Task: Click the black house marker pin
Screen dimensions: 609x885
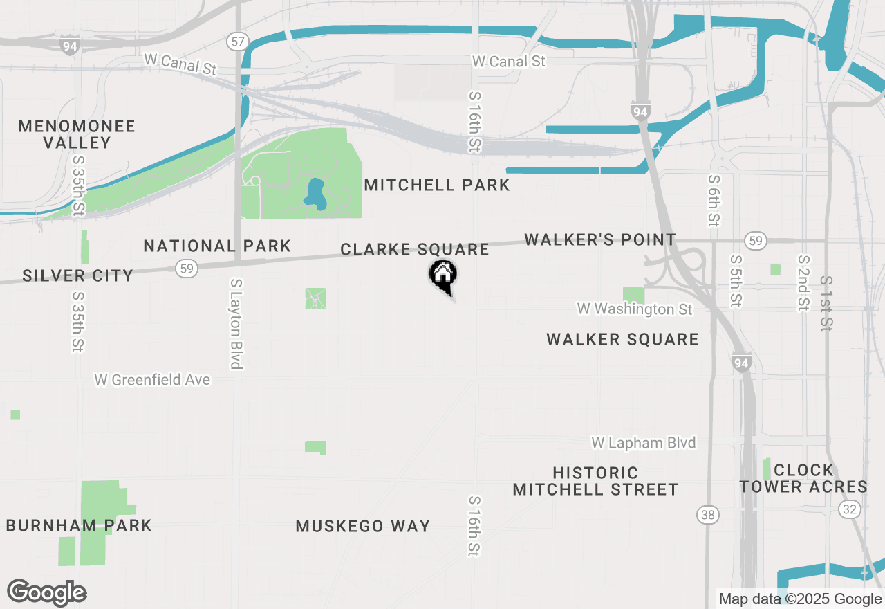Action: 442,275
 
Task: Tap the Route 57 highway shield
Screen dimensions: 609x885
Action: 238,42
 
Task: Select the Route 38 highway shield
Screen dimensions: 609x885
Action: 707,515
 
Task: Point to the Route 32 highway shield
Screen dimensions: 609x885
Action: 850,509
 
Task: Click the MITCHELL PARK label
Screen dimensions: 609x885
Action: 437,185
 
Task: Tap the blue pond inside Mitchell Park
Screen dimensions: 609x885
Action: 315,194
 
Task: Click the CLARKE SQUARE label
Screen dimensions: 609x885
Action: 415,249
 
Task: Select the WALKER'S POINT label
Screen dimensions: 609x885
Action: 600,240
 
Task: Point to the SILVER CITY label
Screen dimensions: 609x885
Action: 77,275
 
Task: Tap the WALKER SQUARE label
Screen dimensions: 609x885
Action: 622,339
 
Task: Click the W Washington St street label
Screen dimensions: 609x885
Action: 635,309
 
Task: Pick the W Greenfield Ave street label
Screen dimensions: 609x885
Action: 152,380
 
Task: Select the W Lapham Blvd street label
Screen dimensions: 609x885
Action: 643,442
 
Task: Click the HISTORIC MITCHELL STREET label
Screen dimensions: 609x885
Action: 595,481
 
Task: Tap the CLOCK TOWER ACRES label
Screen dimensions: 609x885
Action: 803,478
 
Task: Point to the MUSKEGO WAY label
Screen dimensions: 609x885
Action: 363,526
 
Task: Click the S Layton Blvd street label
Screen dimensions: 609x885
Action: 236,323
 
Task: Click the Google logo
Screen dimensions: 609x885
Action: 46,593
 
